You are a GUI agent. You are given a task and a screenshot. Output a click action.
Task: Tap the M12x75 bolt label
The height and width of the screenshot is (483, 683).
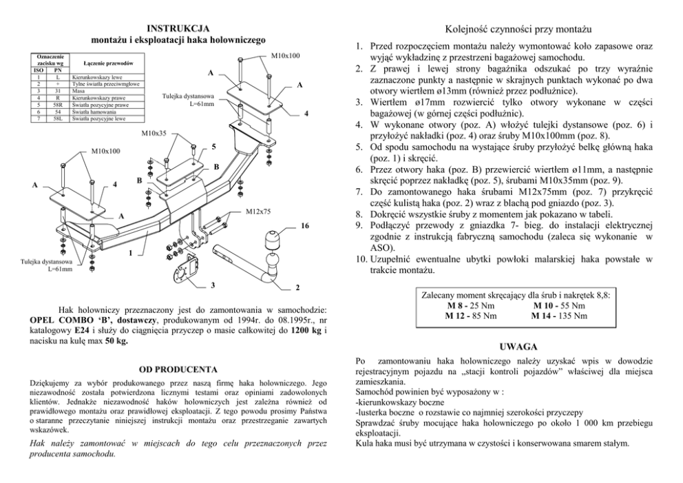coord(258,212)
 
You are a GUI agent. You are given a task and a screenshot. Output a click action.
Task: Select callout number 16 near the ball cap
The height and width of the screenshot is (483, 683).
coord(304,225)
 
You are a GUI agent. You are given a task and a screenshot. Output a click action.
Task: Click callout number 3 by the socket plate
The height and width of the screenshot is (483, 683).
coord(212,285)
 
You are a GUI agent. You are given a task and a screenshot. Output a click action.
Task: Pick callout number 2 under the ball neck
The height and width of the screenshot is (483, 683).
coord(297,286)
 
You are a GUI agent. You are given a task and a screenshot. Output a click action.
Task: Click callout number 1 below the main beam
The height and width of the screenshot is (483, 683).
coord(130,253)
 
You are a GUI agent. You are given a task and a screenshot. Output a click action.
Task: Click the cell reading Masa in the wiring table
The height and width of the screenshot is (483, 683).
coord(78,90)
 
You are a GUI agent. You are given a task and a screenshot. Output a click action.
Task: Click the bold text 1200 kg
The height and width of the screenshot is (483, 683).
coord(306,331)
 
